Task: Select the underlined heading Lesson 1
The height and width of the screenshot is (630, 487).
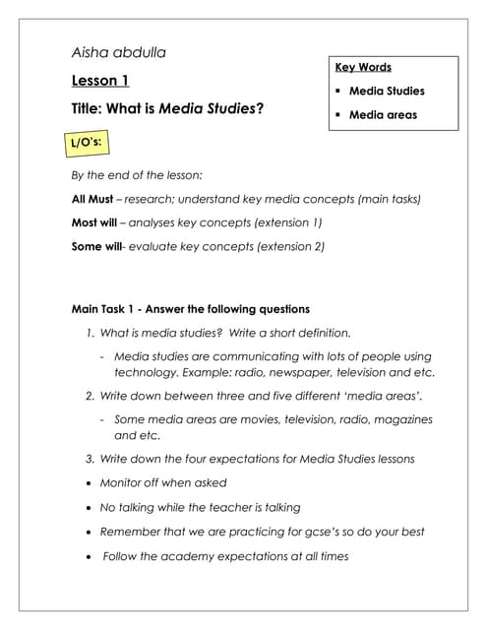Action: (x=100, y=81)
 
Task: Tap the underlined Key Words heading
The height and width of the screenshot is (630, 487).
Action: (x=363, y=68)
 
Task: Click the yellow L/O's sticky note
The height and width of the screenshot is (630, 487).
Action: (x=84, y=144)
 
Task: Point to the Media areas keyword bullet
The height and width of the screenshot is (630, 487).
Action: (x=383, y=115)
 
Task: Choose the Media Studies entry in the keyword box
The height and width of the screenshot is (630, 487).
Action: (x=387, y=92)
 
